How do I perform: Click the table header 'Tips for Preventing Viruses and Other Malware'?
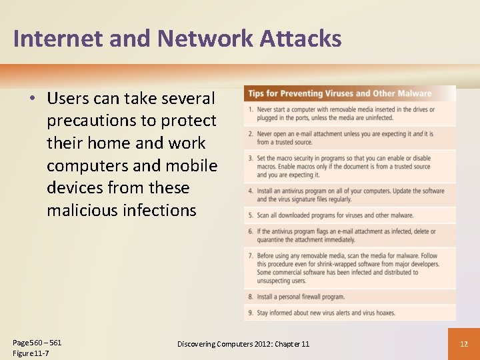(339, 93)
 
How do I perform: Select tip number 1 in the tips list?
(250, 109)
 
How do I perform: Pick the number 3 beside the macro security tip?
(250, 159)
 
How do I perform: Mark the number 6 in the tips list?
(250, 231)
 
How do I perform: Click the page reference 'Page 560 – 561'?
(37, 343)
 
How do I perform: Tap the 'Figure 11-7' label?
(31, 353)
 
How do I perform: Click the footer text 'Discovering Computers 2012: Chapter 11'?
(243, 344)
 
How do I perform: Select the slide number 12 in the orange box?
(465, 344)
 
